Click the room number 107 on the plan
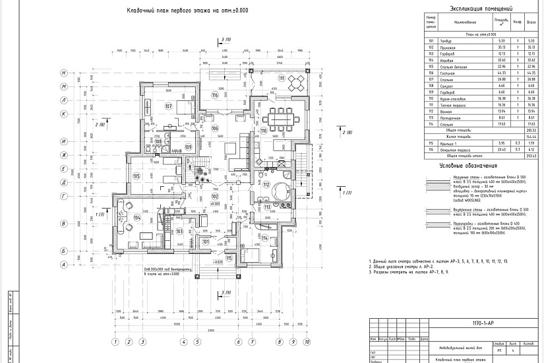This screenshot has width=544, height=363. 167,106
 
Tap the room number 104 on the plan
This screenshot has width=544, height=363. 136,217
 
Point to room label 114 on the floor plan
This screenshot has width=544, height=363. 264,238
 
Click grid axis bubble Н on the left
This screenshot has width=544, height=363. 63,73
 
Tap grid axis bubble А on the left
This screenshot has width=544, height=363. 63,265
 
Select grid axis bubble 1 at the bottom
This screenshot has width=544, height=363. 115,342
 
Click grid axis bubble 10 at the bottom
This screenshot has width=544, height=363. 305,342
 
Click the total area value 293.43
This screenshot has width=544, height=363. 531,156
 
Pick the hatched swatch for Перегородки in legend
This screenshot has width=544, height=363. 437,226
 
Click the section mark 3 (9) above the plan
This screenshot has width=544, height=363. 226,40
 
